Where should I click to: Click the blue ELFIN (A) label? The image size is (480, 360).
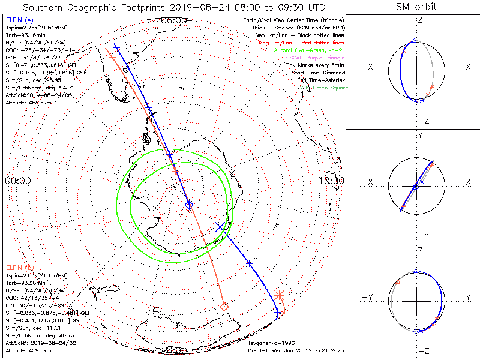pos(20,20)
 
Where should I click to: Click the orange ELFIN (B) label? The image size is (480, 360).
pos(20,266)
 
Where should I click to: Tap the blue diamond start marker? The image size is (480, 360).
pos(189,206)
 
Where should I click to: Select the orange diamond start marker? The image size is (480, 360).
pos(225,307)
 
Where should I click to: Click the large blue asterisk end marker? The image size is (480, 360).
pos(220,227)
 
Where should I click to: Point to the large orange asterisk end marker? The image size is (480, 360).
pos(281,295)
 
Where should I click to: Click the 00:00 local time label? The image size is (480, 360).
pos(17,180)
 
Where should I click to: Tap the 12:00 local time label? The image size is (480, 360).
pos(332,180)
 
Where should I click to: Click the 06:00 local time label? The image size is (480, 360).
pos(174,20)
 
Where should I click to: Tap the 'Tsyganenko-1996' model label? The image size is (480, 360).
pos(272,343)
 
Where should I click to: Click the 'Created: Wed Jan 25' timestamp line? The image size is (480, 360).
pos(295,350)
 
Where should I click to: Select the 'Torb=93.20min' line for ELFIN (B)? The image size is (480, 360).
pos(28,281)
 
